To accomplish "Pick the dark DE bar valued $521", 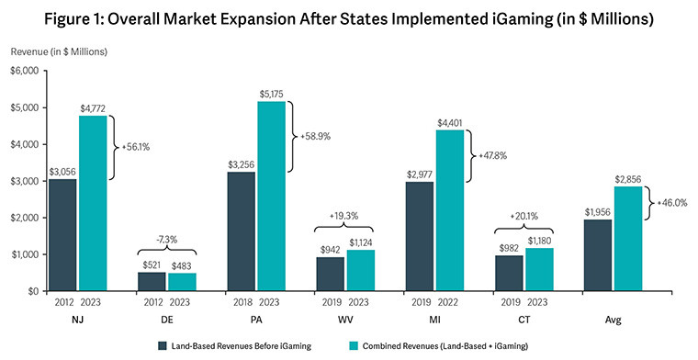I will (x=152, y=281).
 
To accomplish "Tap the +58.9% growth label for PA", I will (x=316, y=135).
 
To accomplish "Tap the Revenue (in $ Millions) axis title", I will (x=61, y=51).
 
